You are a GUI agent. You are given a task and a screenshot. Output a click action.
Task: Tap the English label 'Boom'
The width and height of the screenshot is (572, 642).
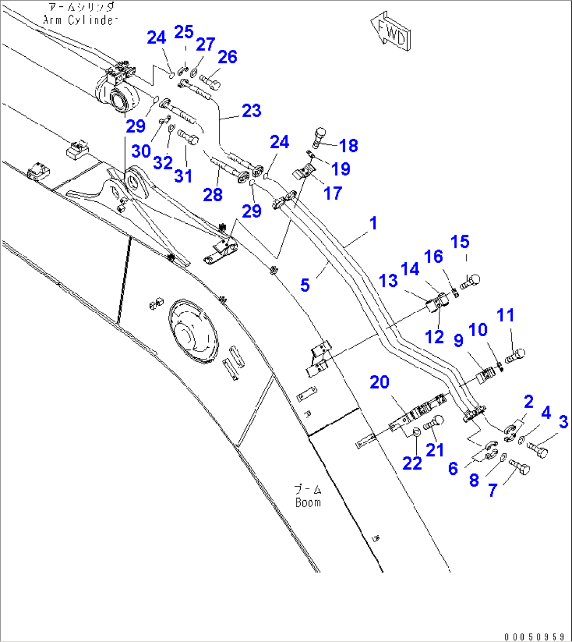pyautogui.click(x=308, y=502)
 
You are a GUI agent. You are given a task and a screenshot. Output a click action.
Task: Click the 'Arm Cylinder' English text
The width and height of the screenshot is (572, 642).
pyautogui.click(x=79, y=20)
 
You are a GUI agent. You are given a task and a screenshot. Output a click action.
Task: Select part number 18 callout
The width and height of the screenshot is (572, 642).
pyautogui.click(x=348, y=146)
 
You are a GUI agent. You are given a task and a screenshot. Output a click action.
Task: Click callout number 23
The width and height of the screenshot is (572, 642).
pyautogui.click(x=251, y=111)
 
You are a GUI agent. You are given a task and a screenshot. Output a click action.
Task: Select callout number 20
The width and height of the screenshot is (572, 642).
pyautogui.click(x=379, y=382)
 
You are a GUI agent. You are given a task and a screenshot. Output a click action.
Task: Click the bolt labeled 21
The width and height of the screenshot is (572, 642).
pyautogui.click(x=433, y=422)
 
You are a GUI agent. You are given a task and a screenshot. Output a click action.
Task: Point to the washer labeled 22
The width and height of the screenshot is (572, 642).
pyautogui.click(x=415, y=432)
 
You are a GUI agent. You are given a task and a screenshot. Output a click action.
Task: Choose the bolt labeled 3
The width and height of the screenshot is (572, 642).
pyautogui.click(x=536, y=450)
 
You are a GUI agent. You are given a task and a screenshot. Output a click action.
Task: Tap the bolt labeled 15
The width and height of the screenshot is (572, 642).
pyautogui.click(x=471, y=281)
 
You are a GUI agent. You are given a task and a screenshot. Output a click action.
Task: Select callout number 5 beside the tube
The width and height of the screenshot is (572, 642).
pyautogui.click(x=305, y=285)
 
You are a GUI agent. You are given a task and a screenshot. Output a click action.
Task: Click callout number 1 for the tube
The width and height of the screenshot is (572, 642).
pyautogui.click(x=373, y=223)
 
